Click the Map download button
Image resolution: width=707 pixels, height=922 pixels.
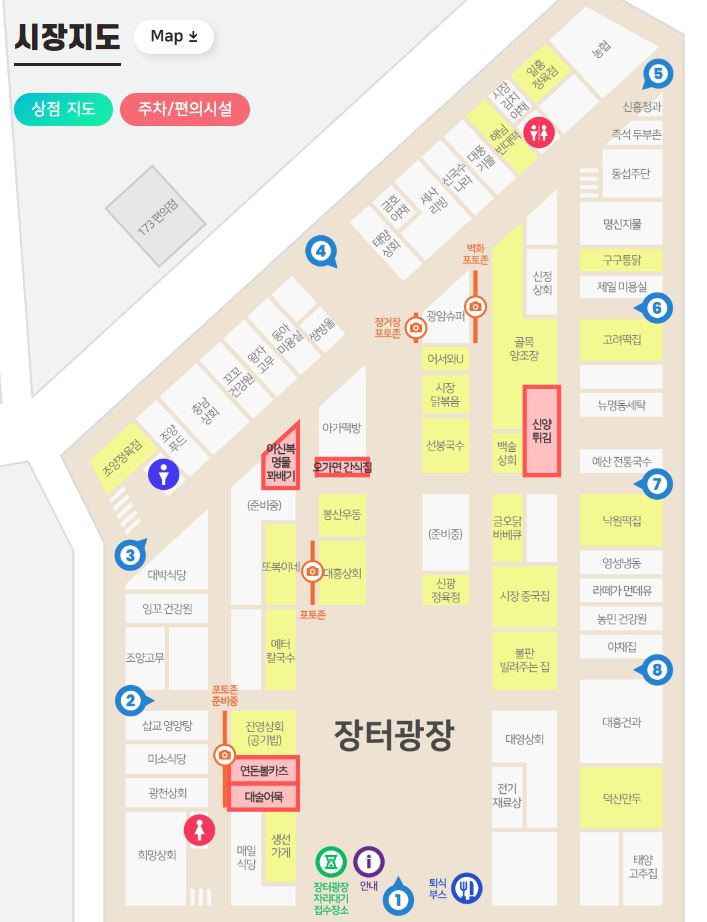pyautogui.click(x=174, y=36)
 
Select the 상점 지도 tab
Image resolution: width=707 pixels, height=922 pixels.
pyautogui.click(x=63, y=108)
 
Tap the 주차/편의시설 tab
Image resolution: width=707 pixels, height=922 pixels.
pyautogui.click(x=184, y=108)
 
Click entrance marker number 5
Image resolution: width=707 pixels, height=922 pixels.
pyautogui.click(x=657, y=72)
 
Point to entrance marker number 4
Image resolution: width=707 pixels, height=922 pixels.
pyautogui.click(x=319, y=251)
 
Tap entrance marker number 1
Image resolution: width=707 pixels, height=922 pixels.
pyautogui.click(x=398, y=899)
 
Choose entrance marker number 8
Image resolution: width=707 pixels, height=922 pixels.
pyautogui.click(x=656, y=670)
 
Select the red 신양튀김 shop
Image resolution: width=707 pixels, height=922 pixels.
pyautogui.click(x=542, y=431)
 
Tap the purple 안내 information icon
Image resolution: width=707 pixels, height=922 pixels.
pyautogui.click(x=369, y=860)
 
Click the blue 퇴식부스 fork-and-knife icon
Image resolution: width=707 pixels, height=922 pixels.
pyautogui.click(x=468, y=887)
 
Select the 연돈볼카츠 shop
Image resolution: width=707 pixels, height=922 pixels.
pyautogui.click(x=263, y=771)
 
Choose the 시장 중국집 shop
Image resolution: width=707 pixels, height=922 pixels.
pyautogui.click(x=524, y=596)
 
